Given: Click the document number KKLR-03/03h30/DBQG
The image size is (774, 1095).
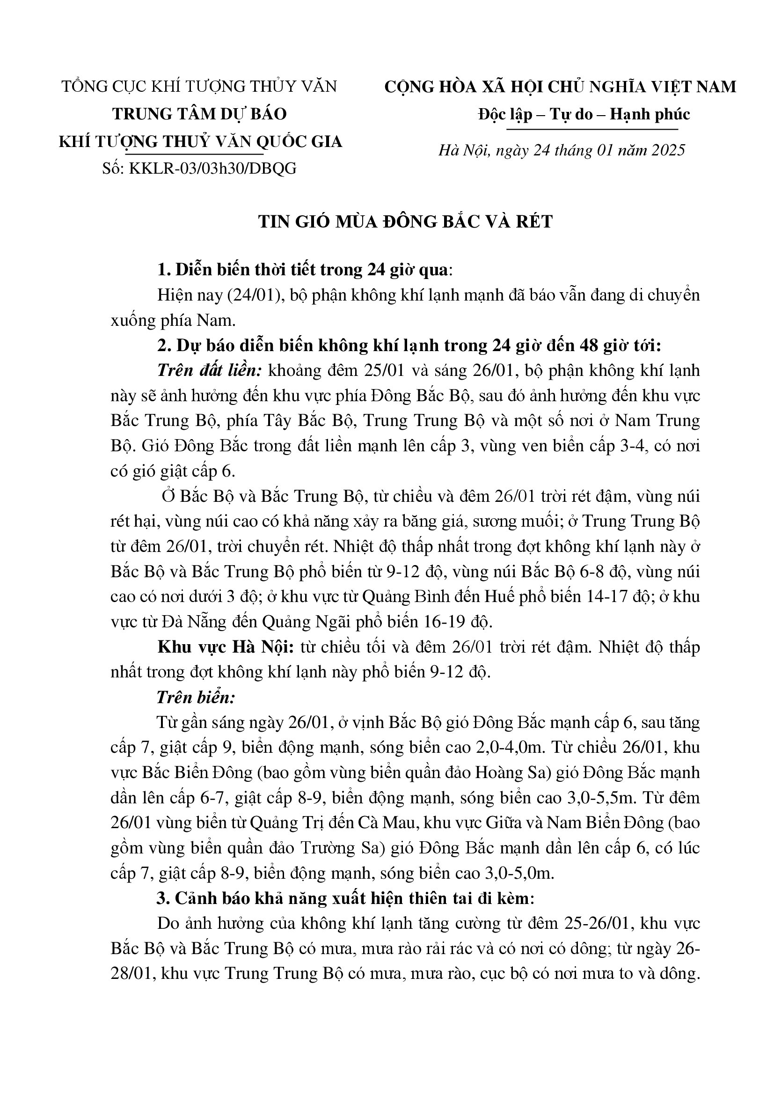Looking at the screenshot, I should point(212,169).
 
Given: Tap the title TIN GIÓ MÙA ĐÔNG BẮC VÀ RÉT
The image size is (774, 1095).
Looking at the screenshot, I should point(406,222).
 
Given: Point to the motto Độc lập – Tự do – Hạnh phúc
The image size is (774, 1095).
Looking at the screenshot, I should point(584,114).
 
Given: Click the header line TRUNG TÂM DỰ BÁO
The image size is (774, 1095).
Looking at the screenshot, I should point(199,114).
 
